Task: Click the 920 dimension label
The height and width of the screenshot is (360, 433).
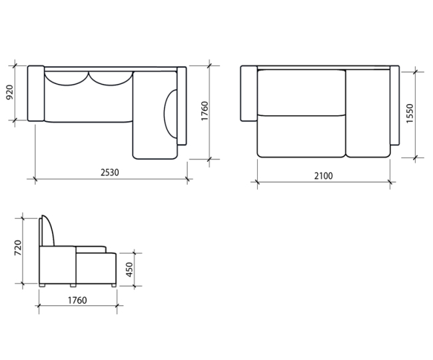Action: point(10,93)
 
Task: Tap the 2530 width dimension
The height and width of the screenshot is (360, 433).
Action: point(110,173)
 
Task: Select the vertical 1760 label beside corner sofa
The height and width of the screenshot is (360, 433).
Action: point(205,111)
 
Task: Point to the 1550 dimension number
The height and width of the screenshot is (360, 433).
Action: point(410,113)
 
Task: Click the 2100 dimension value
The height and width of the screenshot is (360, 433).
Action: point(323,176)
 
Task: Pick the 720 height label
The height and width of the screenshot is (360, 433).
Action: point(18,248)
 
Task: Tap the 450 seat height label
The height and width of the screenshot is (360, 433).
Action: point(129,269)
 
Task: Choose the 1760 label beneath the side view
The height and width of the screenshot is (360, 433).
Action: point(77,300)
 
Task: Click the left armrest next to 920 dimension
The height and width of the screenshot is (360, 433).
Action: point(36,93)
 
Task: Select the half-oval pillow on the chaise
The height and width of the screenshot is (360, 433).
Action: point(171,113)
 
